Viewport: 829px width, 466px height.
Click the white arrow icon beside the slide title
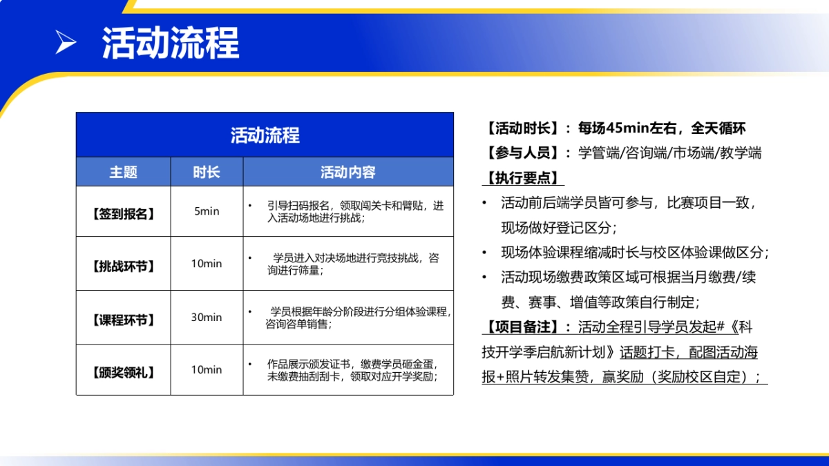pyautogui.click(x=66, y=43)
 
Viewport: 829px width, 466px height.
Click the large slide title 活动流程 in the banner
pyautogui.click(x=170, y=43)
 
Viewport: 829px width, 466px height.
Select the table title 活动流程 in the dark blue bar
pyautogui.click(x=265, y=135)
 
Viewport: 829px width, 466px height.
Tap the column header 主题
pyautogui.click(x=123, y=172)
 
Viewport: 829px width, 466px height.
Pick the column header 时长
pyautogui.click(x=207, y=172)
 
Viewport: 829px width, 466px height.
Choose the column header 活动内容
pyautogui.click(x=347, y=172)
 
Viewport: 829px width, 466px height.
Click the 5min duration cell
pyautogui.click(x=207, y=211)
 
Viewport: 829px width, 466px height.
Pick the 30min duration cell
pyautogui.click(x=207, y=318)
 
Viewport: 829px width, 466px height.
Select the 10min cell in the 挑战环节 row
pyautogui.click(x=207, y=264)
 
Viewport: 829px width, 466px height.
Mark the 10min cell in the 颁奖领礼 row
pyautogui.click(x=207, y=370)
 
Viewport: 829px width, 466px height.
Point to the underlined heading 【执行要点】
pyautogui.click(x=523, y=178)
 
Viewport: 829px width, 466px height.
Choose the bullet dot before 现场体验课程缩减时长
pyautogui.click(x=485, y=252)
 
